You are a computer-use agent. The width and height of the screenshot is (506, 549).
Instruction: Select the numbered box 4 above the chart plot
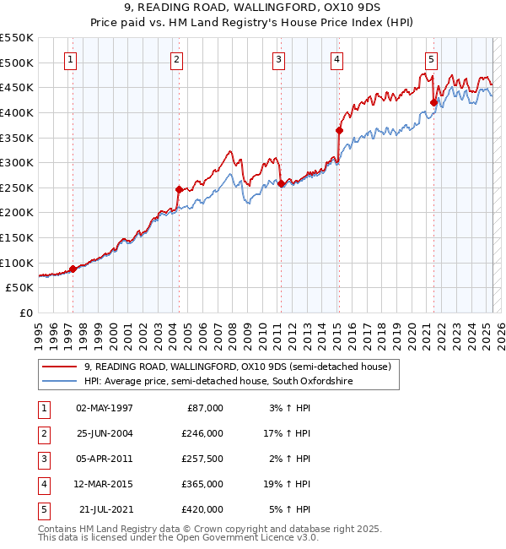(x=336, y=59)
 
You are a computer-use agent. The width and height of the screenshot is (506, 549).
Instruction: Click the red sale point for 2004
(x=179, y=189)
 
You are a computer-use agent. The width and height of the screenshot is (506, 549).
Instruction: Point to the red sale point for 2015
(x=338, y=130)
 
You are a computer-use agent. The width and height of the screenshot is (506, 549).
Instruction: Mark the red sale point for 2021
(x=433, y=102)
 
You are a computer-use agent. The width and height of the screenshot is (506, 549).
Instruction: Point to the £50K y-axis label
(x=19, y=287)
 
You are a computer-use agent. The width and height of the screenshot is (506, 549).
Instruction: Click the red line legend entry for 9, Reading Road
(x=237, y=367)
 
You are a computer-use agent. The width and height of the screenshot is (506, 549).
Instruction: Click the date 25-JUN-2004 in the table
(x=105, y=432)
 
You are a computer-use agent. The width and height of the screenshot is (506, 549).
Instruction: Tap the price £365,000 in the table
(x=203, y=484)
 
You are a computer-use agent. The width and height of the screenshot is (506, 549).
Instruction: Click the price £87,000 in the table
(x=206, y=407)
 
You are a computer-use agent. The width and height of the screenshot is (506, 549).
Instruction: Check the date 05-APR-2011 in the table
(x=105, y=459)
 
